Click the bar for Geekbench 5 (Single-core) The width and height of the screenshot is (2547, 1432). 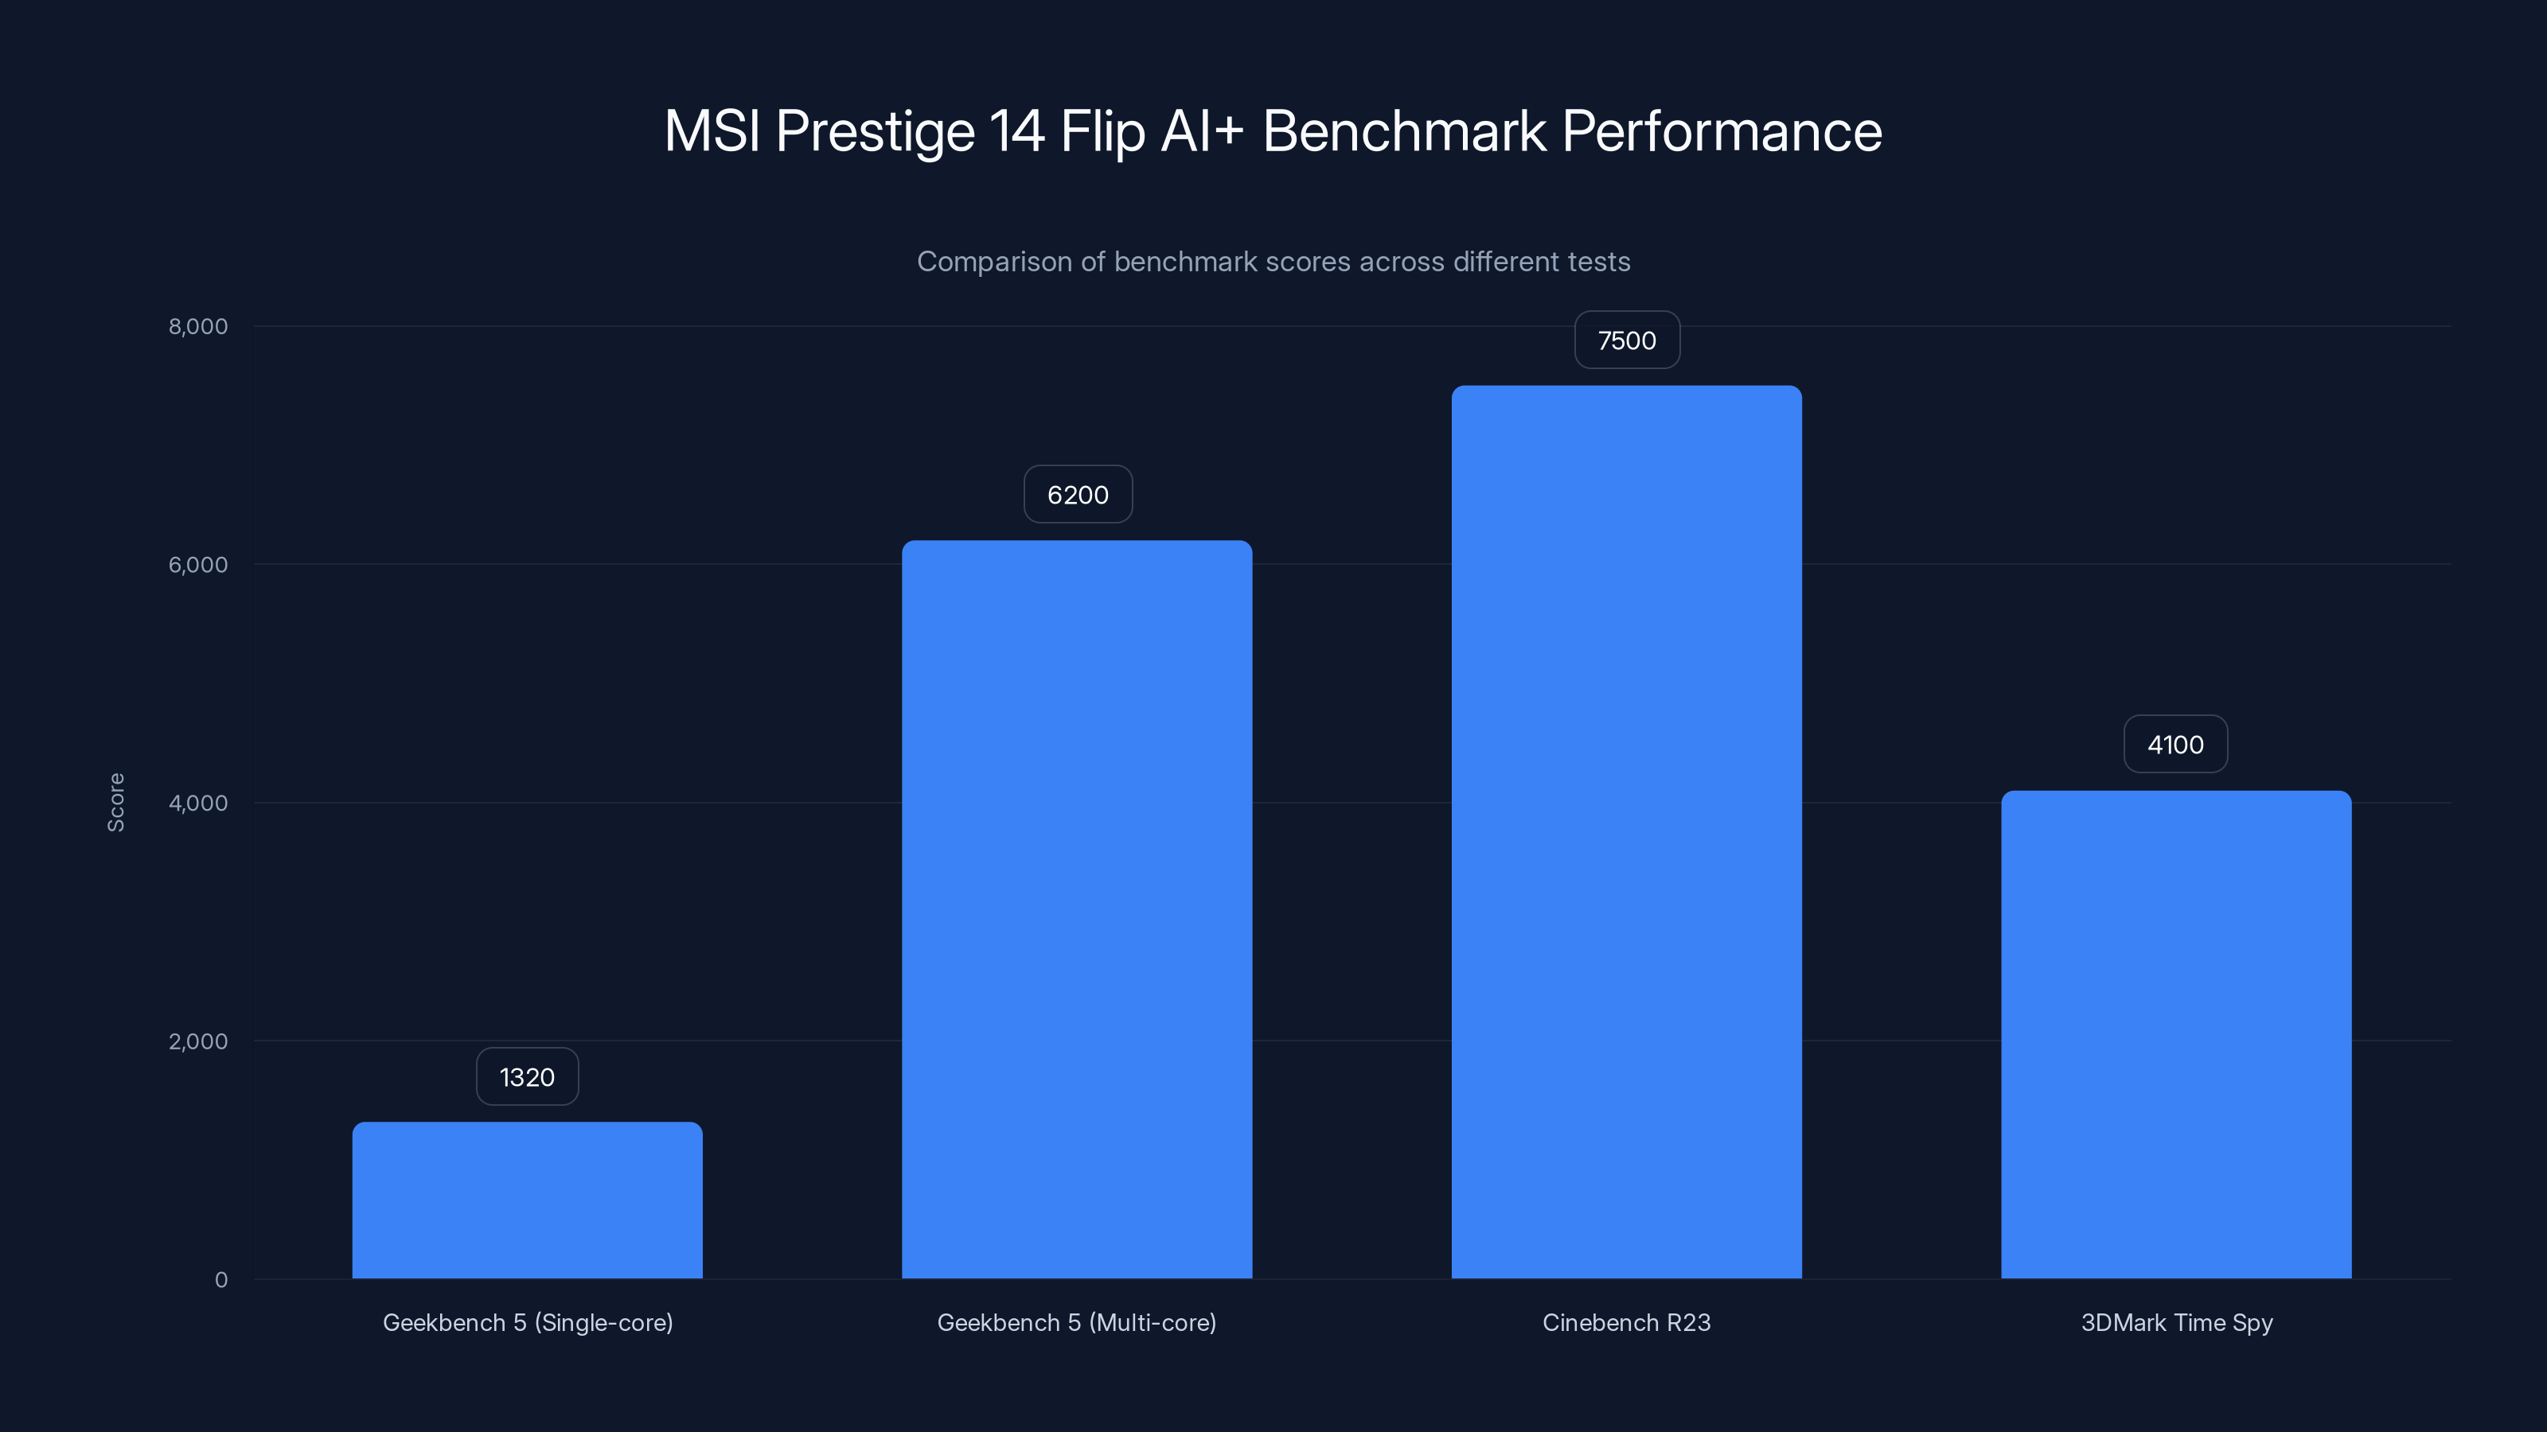(527, 1200)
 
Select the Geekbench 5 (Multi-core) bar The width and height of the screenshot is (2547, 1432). (1077, 909)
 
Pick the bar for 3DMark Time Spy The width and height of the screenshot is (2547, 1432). (2176, 1033)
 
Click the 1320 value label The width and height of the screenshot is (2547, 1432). (527, 1076)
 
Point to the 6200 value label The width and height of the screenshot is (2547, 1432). (1078, 494)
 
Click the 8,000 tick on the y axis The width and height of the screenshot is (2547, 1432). (197, 326)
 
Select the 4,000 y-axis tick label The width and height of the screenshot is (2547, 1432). (197, 803)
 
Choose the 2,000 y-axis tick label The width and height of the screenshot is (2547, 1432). (197, 1041)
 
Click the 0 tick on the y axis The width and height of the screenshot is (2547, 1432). (220, 1280)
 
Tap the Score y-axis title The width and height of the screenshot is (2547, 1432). (115, 803)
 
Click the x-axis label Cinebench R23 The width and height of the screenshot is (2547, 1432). (1626, 1322)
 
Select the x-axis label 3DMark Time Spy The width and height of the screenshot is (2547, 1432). (2176, 1322)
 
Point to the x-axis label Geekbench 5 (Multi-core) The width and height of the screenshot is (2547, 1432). (1077, 1322)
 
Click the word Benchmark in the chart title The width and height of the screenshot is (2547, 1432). (1404, 130)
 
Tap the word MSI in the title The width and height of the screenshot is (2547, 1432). (711, 130)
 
